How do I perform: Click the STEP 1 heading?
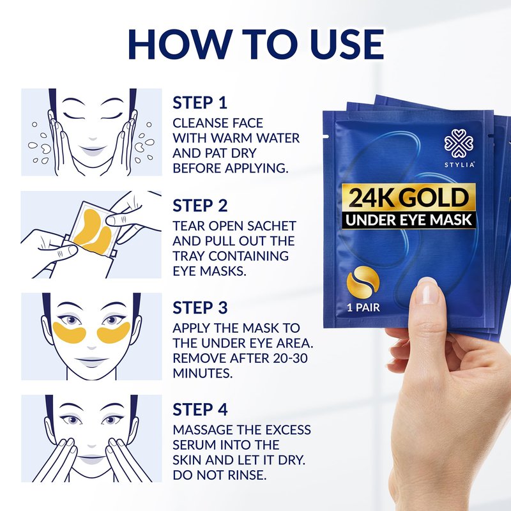200,103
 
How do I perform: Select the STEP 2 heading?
200,206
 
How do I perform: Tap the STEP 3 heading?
200,308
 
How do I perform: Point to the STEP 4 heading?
200,409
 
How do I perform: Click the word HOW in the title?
181,44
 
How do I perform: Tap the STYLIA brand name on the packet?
459,165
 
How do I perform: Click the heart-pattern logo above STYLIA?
459,144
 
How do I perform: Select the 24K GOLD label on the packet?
409,197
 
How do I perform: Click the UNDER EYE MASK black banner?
409,220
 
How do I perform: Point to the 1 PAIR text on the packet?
363,307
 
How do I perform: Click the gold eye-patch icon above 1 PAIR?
363,282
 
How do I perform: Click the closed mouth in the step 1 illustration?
93,150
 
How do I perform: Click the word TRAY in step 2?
188,256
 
